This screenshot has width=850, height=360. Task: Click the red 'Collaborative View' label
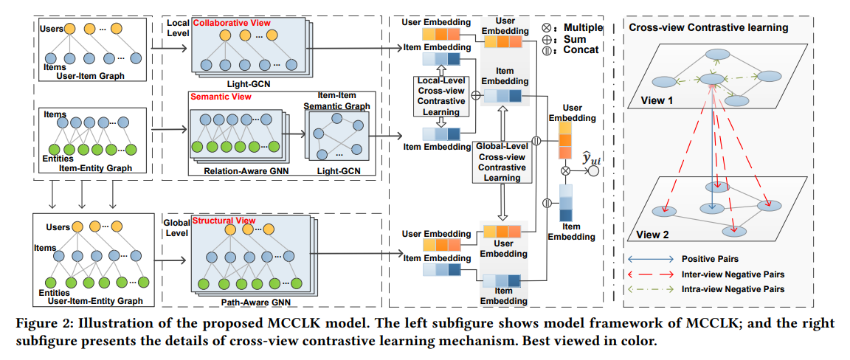[x=232, y=24]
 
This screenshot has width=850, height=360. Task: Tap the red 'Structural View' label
[x=224, y=221]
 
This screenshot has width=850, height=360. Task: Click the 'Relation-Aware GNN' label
[x=236, y=171]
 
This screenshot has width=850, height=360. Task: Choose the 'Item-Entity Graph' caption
[x=95, y=168]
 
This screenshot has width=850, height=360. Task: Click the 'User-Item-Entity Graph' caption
[x=95, y=301]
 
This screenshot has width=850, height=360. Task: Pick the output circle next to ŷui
[x=593, y=171]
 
